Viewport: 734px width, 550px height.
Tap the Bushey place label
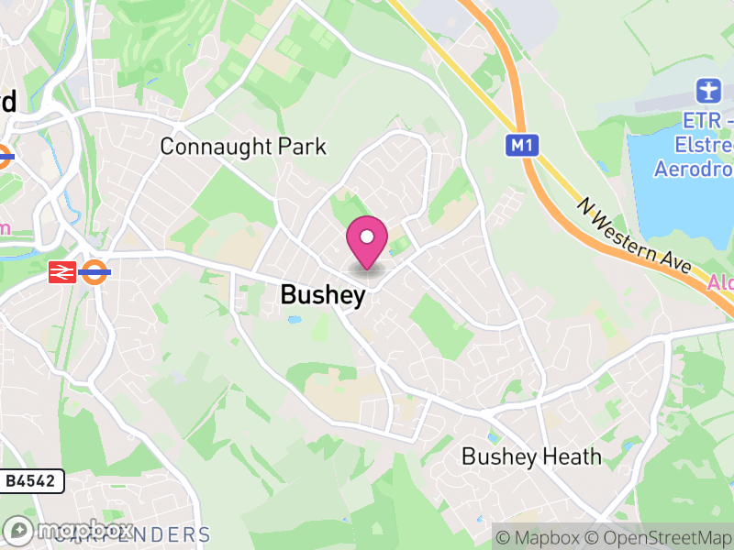tap(323, 295)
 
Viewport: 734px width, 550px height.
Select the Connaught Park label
tap(242, 147)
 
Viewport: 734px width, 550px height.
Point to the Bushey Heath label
tap(531, 456)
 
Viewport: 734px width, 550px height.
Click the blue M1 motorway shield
tap(521, 145)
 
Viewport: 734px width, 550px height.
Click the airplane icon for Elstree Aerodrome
tap(706, 91)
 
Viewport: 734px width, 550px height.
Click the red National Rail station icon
tap(62, 271)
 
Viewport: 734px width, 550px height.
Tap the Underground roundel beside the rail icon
tap(95, 271)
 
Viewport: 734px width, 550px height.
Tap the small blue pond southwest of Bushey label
tap(294, 320)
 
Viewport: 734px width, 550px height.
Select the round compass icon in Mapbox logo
tap(19, 530)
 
